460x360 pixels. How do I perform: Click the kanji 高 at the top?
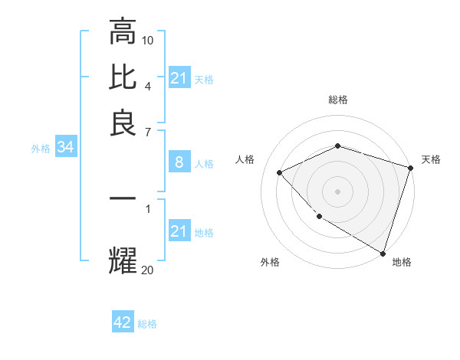[123, 33]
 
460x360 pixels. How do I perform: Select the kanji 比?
[123, 77]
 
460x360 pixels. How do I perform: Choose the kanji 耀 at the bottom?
[123, 259]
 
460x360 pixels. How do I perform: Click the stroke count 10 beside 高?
[148, 40]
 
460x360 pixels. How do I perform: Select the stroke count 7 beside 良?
[148, 132]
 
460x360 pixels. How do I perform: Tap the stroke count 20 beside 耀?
[148, 270]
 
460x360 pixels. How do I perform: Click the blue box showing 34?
[65, 148]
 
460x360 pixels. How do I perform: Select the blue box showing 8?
[179, 162]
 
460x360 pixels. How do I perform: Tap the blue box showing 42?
[123, 322]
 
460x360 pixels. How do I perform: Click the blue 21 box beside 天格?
[179, 78]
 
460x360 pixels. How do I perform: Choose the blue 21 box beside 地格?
[179, 231]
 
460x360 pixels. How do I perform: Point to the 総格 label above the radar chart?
[337, 100]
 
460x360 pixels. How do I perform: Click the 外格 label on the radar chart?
[270, 263]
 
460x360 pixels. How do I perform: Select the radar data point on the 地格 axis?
[383, 253]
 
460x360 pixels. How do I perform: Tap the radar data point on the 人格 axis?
[280, 172]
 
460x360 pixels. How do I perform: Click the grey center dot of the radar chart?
[337, 191]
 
